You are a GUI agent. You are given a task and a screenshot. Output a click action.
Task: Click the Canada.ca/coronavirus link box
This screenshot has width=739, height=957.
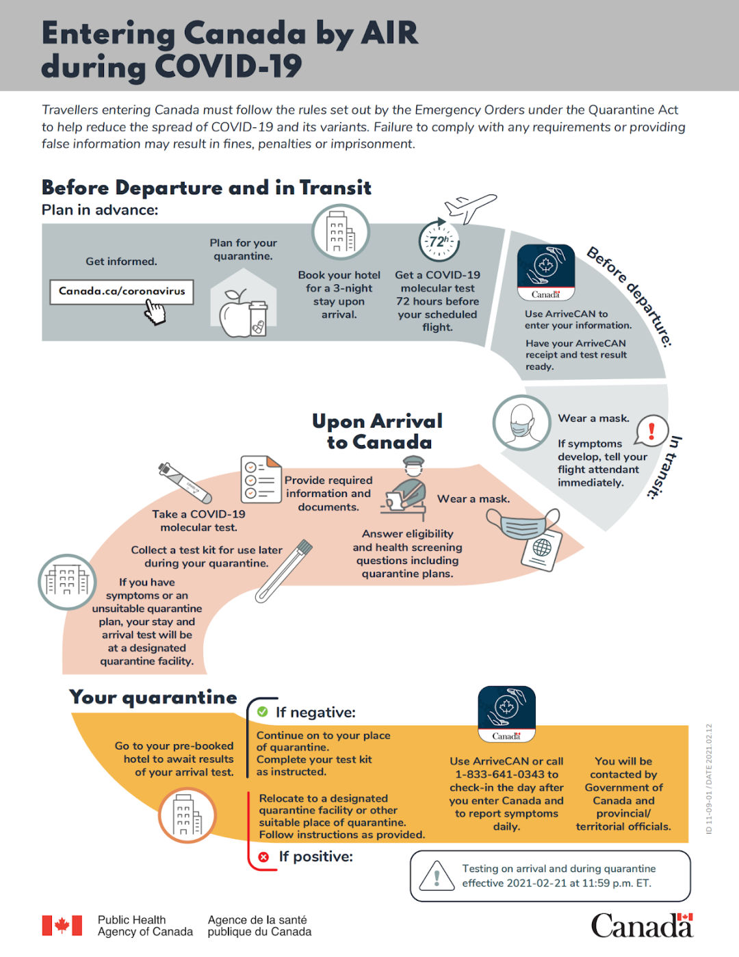click(122, 292)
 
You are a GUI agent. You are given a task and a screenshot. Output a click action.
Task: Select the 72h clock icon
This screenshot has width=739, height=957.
click(439, 241)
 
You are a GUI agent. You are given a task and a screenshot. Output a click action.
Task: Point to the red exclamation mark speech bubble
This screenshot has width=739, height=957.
click(651, 431)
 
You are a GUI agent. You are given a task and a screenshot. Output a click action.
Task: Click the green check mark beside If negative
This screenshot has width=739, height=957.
click(262, 712)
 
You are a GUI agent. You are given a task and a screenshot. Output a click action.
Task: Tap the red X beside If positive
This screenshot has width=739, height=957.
click(263, 856)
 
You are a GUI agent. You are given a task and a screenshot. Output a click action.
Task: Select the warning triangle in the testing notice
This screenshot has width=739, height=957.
click(437, 876)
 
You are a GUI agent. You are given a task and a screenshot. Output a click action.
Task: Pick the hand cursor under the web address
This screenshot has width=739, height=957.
click(155, 313)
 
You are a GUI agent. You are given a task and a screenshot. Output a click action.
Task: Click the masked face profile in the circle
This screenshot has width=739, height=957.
click(521, 422)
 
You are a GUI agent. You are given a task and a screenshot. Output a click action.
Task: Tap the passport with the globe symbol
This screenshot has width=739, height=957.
click(541, 549)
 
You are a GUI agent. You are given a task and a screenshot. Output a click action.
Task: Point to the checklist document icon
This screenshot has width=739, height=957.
click(261, 479)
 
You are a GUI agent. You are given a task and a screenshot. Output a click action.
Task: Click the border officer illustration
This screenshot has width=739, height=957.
click(406, 487)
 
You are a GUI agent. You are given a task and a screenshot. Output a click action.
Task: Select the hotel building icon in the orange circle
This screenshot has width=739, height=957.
click(187, 815)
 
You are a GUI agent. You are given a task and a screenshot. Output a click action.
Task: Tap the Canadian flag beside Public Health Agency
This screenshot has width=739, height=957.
click(62, 926)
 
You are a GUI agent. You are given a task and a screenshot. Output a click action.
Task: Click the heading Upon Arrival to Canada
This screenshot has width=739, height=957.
click(378, 431)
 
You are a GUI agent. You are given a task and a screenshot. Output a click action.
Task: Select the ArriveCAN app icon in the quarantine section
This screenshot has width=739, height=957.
click(506, 713)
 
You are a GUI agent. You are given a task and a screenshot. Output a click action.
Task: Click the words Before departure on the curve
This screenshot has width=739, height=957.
click(630, 296)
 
